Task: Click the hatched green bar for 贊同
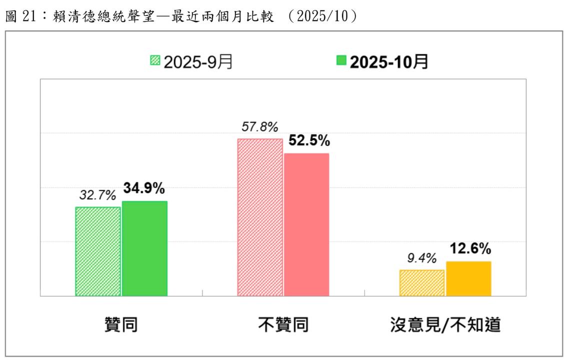(x=98, y=251)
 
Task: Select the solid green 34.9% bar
(x=144, y=248)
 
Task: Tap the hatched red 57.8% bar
(x=260, y=217)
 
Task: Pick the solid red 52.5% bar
(x=306, y=224)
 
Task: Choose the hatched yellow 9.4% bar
(x=422, y=283)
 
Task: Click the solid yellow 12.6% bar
(x=468, y=278)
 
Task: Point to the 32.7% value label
(x=97, y=194)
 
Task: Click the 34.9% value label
(x=145, y=188)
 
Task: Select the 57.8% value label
(x=259, y=127)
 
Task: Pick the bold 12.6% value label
(x=470, y=248)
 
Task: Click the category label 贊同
(x=121, y=325)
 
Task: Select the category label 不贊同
(x=283, y=325)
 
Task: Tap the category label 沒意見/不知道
(x=445, y=325)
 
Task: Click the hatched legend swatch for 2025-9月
(x=154, y=61)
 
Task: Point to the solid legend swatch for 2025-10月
(x=341, y=61)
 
